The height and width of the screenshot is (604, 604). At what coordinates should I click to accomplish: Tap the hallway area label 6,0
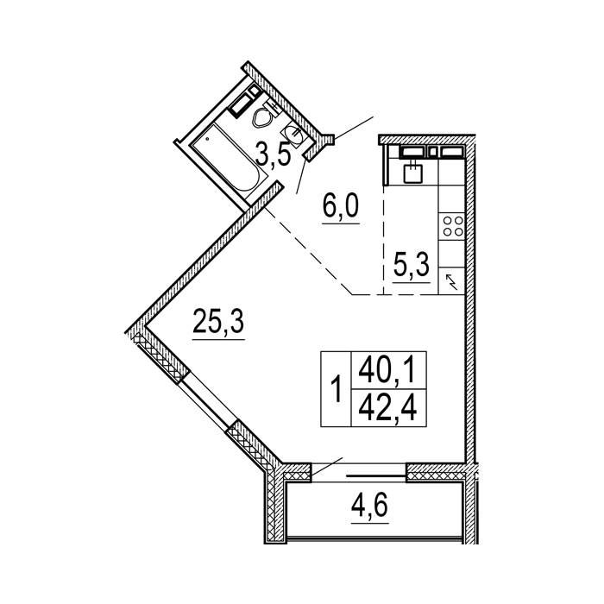341,205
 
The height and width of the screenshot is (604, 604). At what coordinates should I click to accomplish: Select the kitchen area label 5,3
411,265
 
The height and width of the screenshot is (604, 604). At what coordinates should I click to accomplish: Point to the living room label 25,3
218,321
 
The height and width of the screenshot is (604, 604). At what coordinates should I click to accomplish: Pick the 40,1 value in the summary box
388,370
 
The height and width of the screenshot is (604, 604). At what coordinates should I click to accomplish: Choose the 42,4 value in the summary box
388,408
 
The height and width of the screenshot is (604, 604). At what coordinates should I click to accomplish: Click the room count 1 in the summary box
337,389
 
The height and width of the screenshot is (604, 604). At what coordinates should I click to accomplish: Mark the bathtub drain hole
208,138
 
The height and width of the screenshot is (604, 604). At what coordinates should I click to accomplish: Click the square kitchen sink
413,172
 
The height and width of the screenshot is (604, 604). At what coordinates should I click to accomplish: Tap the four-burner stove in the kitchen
453,226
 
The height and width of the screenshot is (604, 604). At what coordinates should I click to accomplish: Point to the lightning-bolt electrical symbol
451,281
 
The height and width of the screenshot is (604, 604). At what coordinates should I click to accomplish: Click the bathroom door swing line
302,176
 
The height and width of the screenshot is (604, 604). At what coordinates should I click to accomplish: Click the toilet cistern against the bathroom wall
241,103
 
